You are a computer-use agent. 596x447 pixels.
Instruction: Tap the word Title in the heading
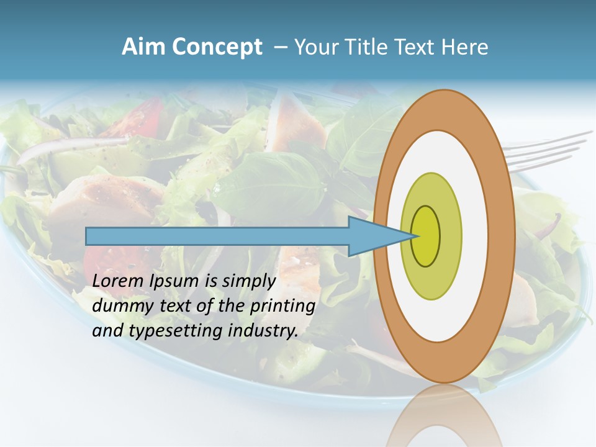[x=378, y=47]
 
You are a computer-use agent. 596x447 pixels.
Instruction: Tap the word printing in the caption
[x=282, y=307]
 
